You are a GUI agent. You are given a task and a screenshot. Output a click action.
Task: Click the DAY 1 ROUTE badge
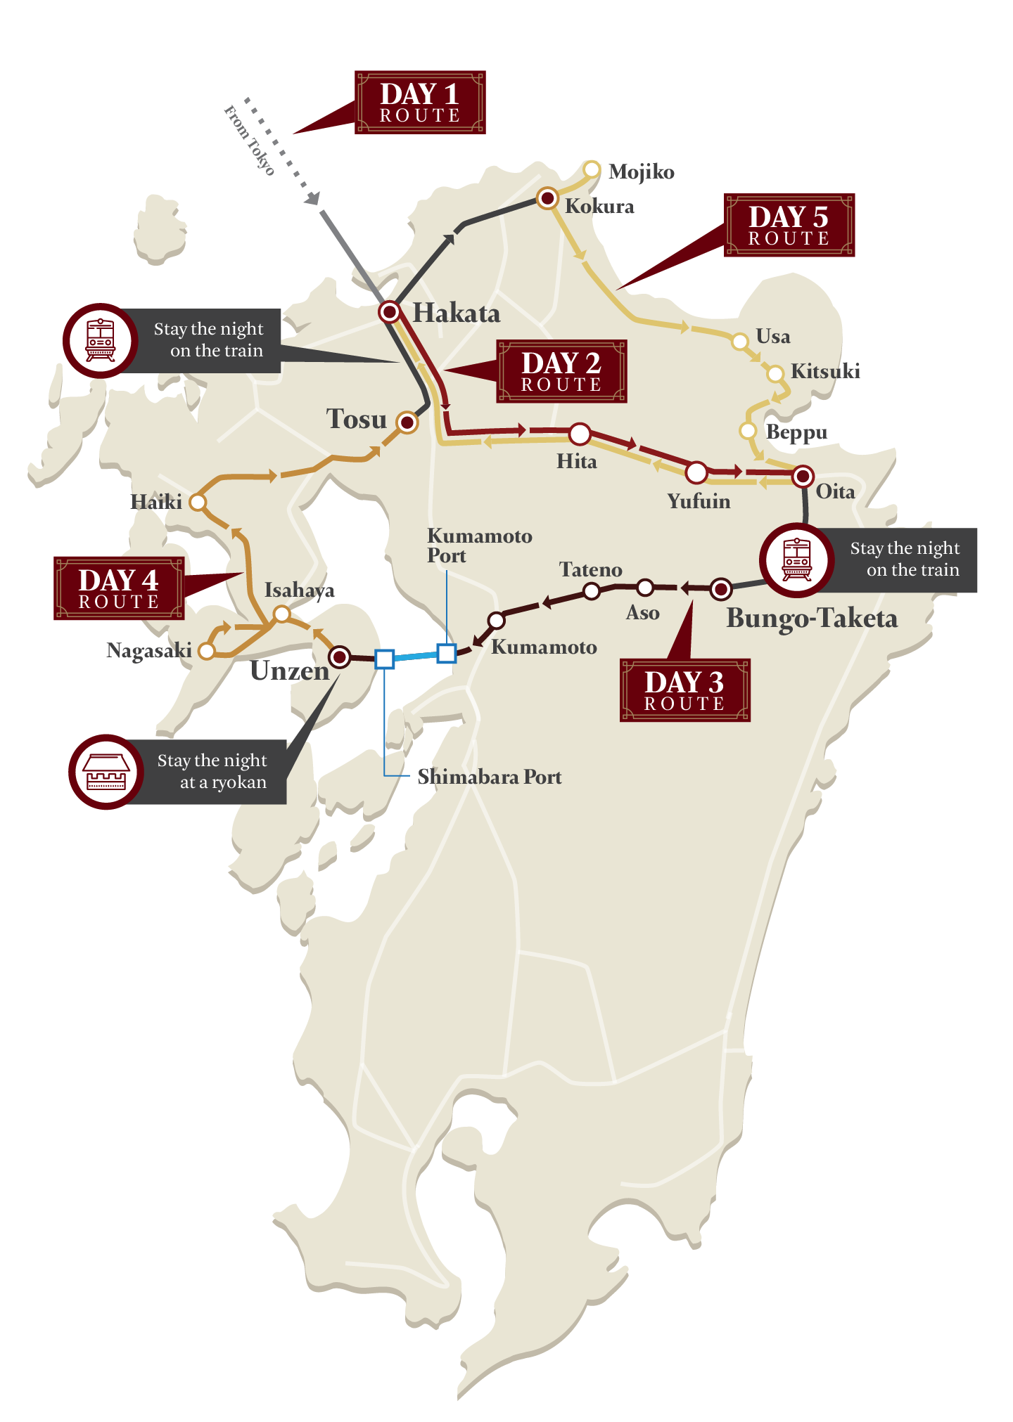(420, 103)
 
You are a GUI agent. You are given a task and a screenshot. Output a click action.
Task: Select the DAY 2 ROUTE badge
(561, 372)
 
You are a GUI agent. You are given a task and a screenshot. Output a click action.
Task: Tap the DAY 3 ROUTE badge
(684, 691)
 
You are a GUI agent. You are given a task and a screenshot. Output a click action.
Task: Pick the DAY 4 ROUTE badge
(119, 589)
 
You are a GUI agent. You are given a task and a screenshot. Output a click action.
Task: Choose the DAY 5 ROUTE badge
(789, 226)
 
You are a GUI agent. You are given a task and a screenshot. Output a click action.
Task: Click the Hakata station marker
(390, 311)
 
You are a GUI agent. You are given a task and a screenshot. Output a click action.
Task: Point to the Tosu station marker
(407, 422)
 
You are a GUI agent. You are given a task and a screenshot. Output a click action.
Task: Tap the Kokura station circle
(547, 198)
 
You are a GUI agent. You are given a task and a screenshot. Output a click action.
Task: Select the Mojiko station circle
(592, 169)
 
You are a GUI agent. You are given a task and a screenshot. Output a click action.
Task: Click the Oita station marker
(803, 477)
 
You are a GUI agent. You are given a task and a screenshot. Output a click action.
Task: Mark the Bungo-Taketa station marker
(720, 589)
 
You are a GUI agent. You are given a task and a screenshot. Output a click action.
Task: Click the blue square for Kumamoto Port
(447, 653)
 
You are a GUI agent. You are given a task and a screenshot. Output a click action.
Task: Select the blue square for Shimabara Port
(384, 659)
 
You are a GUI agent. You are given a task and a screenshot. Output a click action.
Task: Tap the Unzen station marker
(340, 657)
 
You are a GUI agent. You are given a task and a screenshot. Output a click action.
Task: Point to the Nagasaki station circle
(206, 651)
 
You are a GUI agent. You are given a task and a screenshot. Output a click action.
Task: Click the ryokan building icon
(106, 772)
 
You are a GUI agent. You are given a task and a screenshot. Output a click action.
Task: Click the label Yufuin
(699, 501)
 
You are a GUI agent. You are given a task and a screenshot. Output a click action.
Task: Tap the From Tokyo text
(249, 139)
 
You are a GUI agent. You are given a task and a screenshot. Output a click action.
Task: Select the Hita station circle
(580, 434)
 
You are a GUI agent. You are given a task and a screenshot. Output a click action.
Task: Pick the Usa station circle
(739, 342)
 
